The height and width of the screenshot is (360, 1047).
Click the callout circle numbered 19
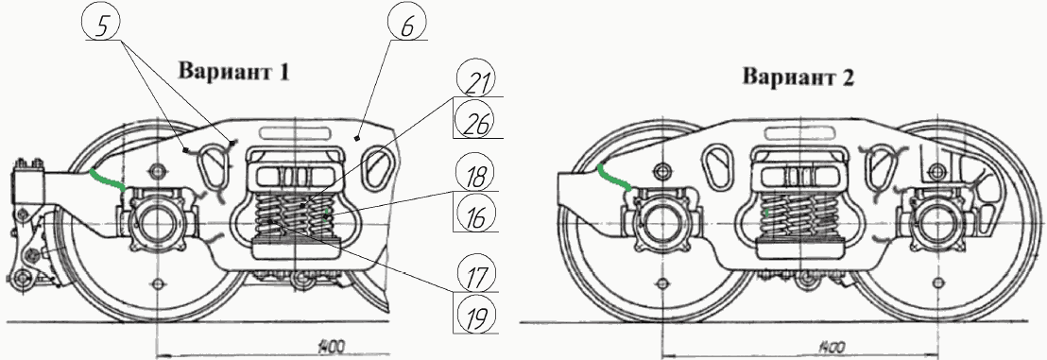[x=476, y=314]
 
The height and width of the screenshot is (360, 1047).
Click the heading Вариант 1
[x=233, y=71]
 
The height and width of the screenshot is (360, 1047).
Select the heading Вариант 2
[x=798, y=77]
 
